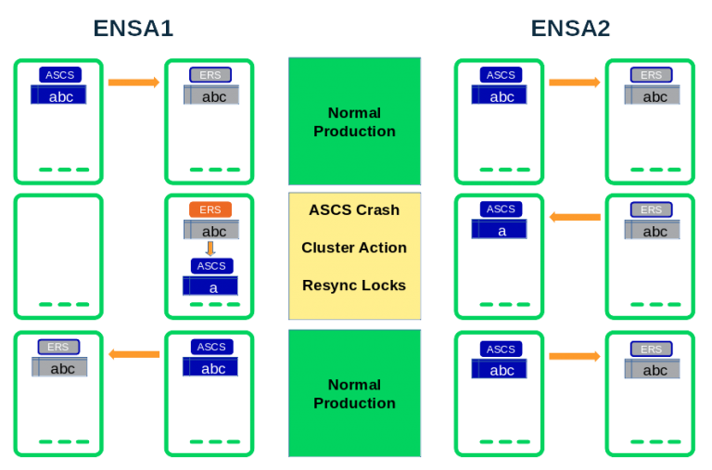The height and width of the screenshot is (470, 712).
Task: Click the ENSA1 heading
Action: tap(134, 28)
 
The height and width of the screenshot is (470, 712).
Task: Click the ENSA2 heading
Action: tap(572, 28)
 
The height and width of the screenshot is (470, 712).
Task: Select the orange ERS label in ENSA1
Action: tap(210, 210)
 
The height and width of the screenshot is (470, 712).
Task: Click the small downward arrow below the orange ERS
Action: tap(210, 248)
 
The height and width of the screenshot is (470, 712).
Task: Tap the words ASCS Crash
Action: tap(354, 210)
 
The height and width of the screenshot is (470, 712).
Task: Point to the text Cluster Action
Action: tap(354, 248)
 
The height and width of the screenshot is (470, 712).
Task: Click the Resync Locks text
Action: tap(354, 286)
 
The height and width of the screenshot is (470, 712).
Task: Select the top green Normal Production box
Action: tap(354, 121)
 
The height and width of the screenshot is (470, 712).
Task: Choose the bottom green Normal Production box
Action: tap(354, 393)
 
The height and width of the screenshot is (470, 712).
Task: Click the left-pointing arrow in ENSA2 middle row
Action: tap(575, 217)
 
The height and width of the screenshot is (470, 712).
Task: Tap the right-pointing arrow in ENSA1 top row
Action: tap(133, 83)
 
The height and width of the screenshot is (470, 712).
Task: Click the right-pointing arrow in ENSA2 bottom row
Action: tap(574, 356)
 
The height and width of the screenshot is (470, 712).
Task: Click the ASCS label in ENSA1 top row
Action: tap(60, 74)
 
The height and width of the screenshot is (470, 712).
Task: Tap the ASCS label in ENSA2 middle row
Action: tap(501, 210)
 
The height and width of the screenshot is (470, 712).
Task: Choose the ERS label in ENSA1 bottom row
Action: tap(58, 347)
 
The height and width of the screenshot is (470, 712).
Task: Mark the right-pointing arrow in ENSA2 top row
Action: tap(574, 83)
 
